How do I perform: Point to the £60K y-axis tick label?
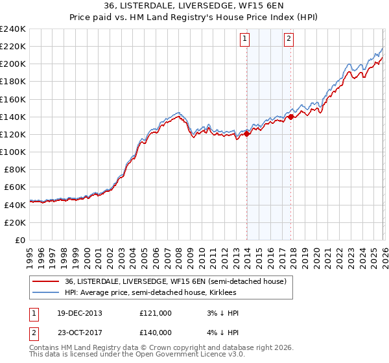(14, 187)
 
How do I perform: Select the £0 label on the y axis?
(20, 240)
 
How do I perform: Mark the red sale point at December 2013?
(247, 134)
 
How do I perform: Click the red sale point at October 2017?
(291, 117)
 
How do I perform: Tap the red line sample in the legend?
(46, 281)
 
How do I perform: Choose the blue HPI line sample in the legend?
(46, 292)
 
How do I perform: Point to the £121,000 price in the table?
(156, 312)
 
